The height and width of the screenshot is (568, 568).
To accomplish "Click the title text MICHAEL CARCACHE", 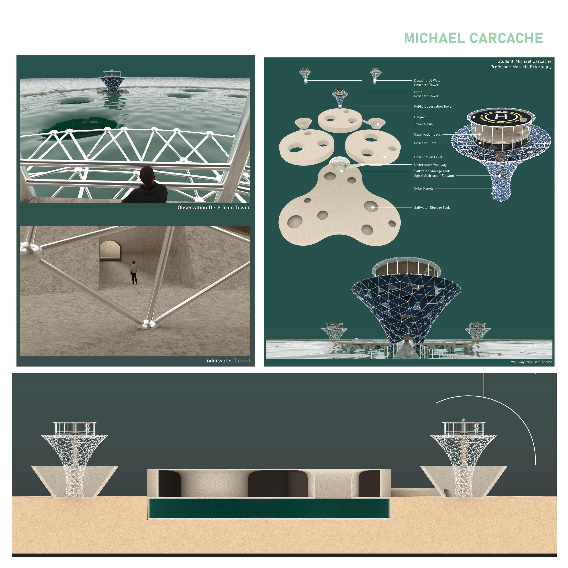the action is [x=473, y=38].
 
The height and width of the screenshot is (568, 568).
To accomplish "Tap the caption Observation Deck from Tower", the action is [x=214, y=208].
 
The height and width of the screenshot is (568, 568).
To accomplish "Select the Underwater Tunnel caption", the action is [x=227, y=360].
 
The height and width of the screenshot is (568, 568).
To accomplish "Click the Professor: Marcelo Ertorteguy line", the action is [x=521, y=67].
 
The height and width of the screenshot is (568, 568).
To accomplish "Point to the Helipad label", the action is [x=420, y=117].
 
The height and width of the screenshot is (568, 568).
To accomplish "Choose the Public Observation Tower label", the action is [x=433, y=106].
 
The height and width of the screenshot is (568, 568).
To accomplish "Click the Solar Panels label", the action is [x=424, y=188].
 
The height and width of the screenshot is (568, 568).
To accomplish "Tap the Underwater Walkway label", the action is [x=430, y=165].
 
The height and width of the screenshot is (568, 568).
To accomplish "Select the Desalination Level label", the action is [x=428, y=157].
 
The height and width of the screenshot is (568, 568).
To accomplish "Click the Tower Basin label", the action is [x=423, y=124].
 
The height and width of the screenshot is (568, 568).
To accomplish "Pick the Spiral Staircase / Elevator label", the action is [x=434, y=176].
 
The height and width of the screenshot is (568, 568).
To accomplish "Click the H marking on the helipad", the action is [x=501, y=117].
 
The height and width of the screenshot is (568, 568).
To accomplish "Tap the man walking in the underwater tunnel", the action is [x=134, y=272].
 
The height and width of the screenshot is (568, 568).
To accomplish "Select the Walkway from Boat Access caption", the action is [x=531, y=362].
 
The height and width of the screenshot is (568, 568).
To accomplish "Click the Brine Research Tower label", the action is [x=426, y=94].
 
